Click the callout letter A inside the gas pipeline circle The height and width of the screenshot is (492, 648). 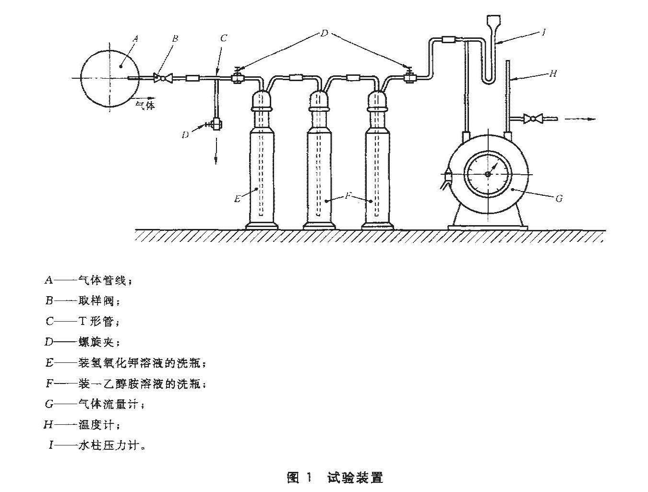(x=135, y=39)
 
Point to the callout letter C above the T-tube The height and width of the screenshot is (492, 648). (x=224, y=38)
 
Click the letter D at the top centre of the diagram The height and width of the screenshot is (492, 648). (x=324, y=33)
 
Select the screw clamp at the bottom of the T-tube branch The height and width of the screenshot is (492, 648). (x=216, y=124)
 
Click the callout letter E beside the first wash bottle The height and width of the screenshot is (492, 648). (x=237, y=199)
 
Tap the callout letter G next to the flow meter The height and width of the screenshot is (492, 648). (x=559, y=199)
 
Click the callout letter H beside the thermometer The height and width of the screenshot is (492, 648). (x=553, y=73)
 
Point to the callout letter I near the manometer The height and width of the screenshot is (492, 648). (x=543, y=32)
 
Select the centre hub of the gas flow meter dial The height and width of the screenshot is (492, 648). (x=488, y=174)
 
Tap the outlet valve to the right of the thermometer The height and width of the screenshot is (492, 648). (x=533, y=119)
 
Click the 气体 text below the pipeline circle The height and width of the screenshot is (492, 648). (x=145, y=105)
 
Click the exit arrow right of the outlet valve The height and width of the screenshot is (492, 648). (x=580, y=119)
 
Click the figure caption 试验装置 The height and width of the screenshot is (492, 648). (x=355, y=478)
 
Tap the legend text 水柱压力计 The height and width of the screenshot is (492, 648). (x=108, y=445)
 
